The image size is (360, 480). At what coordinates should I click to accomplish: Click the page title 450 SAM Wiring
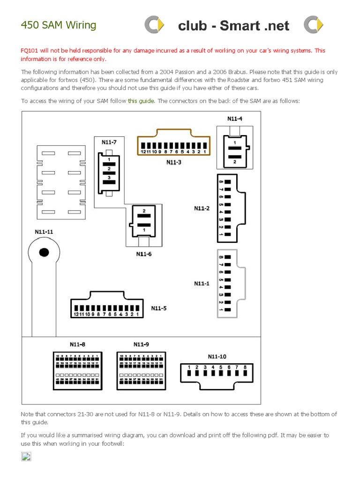click(59, 25)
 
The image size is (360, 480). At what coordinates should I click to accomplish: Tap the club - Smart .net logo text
click(233, 26)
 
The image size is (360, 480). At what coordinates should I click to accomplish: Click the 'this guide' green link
click(141, 101)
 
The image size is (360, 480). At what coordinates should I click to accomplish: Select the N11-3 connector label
click(174, 162)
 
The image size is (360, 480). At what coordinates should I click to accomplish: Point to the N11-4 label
click(235, 119)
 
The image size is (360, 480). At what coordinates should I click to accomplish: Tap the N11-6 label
click(144, 254)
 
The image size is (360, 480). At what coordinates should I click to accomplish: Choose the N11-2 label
click(202, 208)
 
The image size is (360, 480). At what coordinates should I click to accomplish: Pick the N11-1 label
click(202, 283)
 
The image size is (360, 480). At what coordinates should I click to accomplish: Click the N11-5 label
click(159, 308)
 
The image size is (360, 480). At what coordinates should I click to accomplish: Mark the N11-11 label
click(44, 232)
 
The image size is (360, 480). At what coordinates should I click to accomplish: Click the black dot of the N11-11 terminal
click(44, 253)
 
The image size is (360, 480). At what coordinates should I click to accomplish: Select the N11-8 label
click(78, 345)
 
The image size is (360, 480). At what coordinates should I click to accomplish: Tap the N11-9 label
click(141, 345)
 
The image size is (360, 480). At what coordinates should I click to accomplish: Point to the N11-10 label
click(217, 356)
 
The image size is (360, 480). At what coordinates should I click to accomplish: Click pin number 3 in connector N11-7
click(109, 177)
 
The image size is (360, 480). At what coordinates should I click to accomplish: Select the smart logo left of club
click(154, 25)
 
